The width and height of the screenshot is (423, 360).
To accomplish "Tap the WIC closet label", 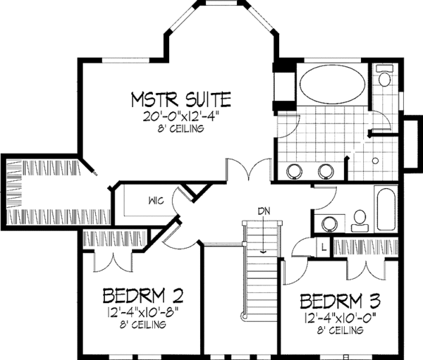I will [x=157, y=200].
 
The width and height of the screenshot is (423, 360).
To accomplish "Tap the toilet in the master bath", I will [x=384, y=77].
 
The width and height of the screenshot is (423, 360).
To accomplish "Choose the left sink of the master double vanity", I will [x=296, y=171].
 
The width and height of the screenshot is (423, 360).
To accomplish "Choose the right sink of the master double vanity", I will [x=326, y=171].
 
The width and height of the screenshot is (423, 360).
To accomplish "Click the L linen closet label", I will [x=321, y=247].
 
